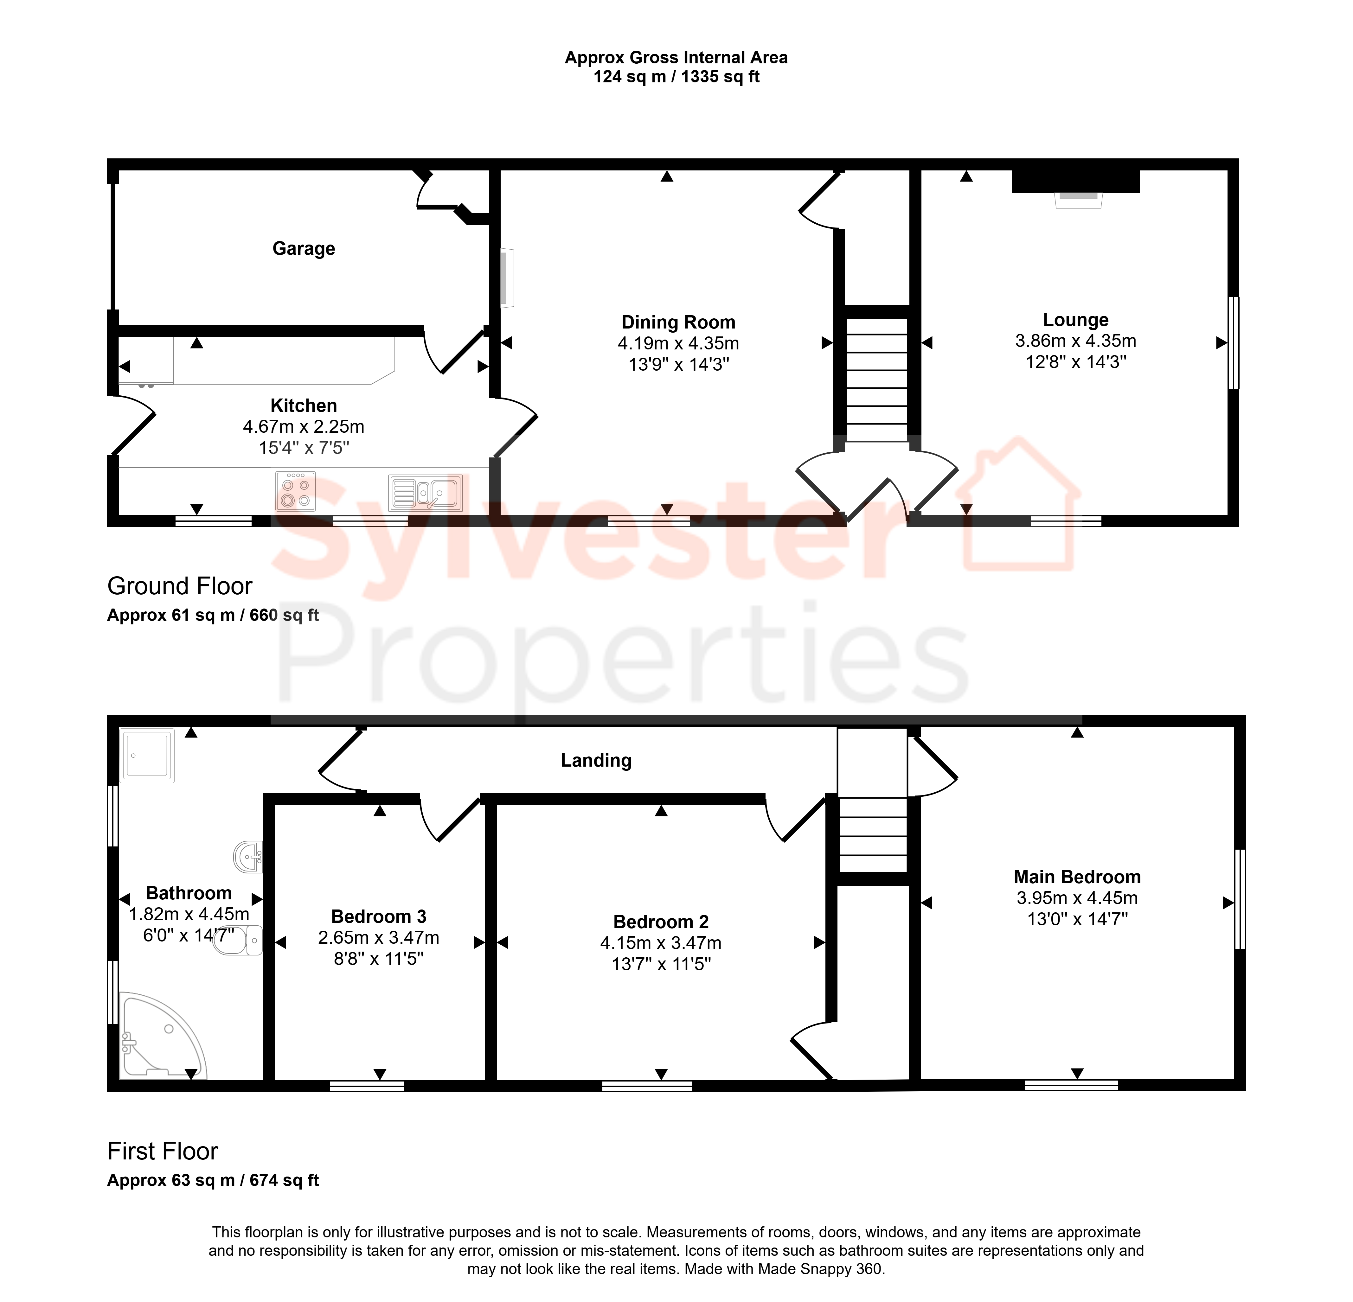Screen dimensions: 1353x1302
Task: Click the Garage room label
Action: coord(304,248)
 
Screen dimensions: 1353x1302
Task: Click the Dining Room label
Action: coord(679,322)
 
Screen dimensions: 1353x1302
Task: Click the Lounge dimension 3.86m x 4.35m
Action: coord(1075,341)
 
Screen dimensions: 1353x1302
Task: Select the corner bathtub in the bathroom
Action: coord(163,1035)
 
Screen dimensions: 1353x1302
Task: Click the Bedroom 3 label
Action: coord(379,916)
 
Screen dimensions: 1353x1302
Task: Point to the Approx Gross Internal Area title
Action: coord(676,58)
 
